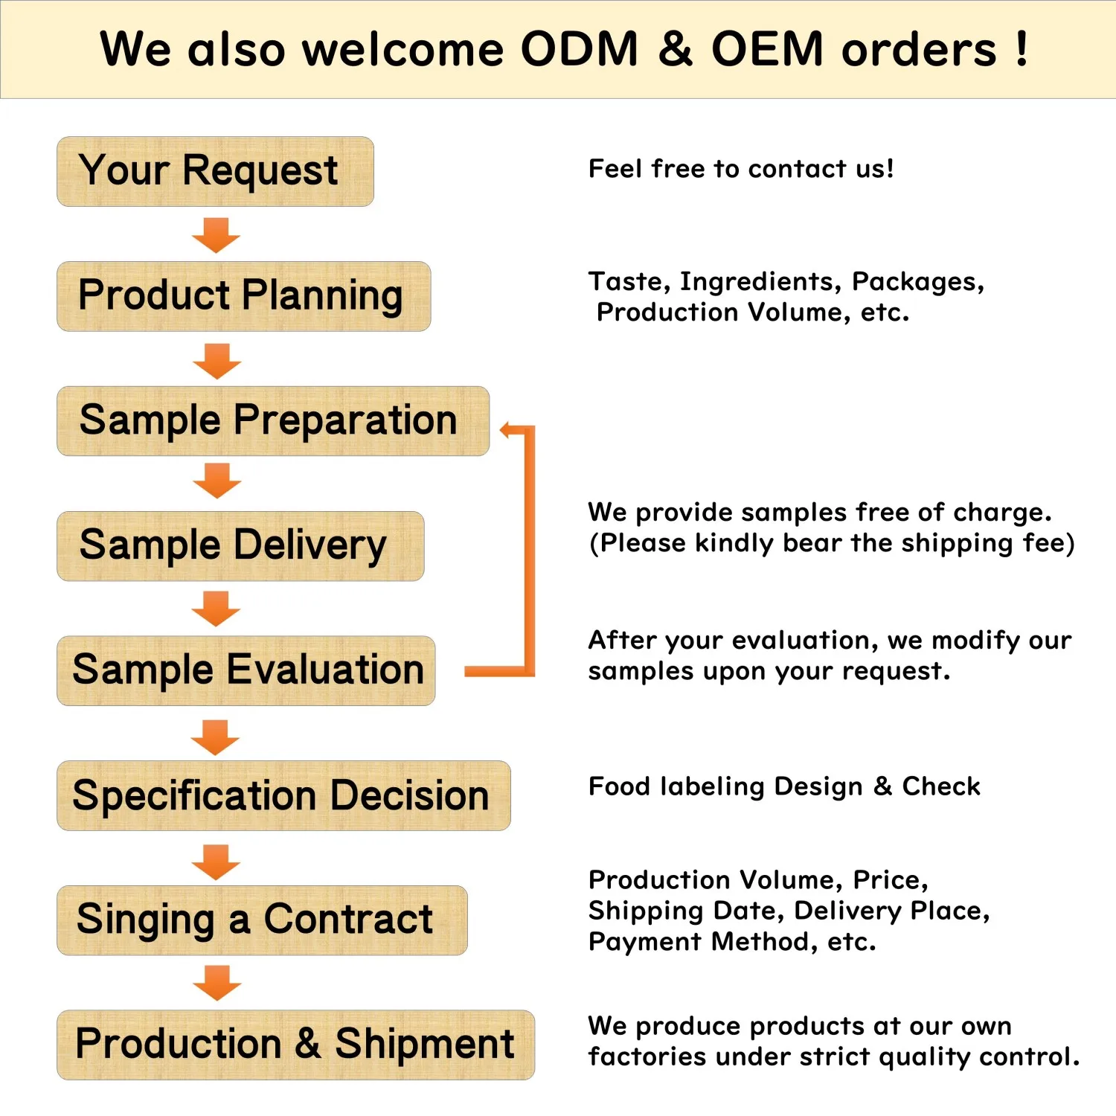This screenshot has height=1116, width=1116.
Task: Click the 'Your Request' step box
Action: tap(215, 171)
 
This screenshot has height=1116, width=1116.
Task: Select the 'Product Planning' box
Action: tap(243, 296)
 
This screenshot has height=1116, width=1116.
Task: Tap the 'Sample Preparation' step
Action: tap(272, 421)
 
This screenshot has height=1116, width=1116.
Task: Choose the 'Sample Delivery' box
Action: tap(240, 546)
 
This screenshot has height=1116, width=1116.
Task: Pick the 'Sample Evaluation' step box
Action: tap(246, 670)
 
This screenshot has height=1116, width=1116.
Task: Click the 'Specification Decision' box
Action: tap(283, 795)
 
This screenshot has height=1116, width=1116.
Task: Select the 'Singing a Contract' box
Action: tap(261, 920)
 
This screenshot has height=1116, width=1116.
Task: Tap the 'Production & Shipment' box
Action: tap(295, 1045)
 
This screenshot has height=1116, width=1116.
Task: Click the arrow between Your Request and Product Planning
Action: tap(216, 235)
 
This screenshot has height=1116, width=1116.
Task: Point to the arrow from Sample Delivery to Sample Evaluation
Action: tap(216, 609)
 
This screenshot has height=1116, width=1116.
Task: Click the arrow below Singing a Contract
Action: tap(217, 983)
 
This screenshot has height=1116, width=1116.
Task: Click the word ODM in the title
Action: tap(579, 50)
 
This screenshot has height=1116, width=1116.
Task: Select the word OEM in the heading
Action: tap(767, 50)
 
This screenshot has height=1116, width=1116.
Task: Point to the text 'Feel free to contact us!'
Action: tap(741, 169)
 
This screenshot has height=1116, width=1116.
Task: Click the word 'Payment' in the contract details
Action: tap(644, 942)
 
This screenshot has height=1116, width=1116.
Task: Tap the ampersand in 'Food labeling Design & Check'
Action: tap(882, 786)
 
